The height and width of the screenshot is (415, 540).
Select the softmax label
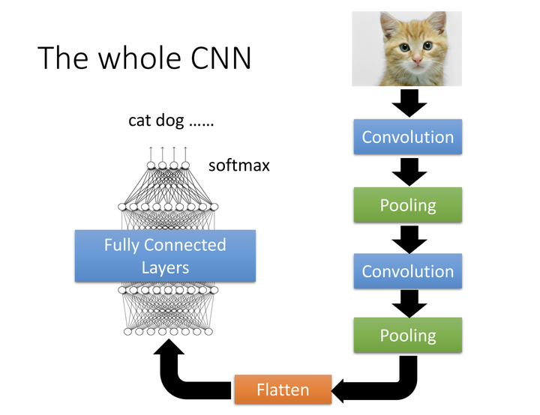(238, 165)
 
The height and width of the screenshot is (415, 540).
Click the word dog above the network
(173, 121)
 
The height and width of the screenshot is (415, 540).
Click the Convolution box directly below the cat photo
(407, 137)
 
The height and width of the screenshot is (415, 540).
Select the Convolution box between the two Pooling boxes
(407, 270)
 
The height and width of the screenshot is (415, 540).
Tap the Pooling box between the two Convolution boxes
(407, 205)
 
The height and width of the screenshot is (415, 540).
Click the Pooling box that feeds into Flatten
(407, 335)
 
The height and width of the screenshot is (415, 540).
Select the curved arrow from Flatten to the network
(184, 375)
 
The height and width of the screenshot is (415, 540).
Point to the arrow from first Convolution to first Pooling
(407, 171)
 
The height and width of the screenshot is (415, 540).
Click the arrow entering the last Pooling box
(407, 303)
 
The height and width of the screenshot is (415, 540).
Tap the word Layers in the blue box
(165, 267)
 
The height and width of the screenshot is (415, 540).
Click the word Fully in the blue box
(121, 245)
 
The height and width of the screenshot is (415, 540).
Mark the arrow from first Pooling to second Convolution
(407, 237)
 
